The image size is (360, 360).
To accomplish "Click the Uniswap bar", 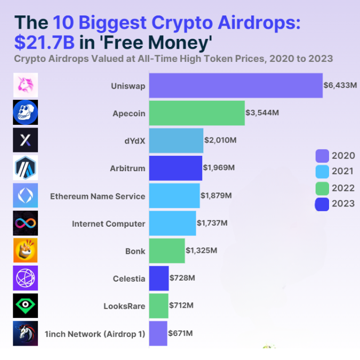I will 236,85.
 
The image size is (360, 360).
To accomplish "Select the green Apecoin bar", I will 197,113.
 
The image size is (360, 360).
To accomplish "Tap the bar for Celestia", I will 159,278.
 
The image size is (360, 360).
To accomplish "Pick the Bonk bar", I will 167,251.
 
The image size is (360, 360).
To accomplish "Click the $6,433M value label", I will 340,85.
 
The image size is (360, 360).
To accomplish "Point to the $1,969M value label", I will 219,168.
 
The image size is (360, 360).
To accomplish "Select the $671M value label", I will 180,333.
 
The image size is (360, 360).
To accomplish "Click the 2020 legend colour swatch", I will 322,156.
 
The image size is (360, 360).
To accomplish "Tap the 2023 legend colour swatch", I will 322,204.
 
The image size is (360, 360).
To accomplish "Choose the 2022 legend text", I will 343,188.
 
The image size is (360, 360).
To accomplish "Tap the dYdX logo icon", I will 25,140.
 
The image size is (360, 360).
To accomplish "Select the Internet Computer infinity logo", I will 25,223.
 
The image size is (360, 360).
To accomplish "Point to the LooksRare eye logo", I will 25,306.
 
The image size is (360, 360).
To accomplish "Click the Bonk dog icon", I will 25,251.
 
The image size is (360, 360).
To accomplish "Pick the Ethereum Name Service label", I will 98,196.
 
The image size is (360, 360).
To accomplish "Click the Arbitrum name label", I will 127,169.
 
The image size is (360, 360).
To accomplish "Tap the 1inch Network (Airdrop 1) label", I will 95,334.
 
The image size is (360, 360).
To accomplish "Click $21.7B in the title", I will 45,42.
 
